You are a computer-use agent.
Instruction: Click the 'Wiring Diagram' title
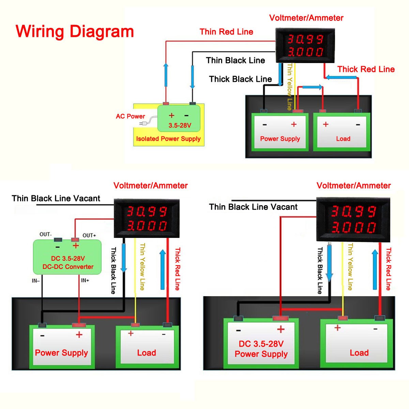click(x=75, y=31)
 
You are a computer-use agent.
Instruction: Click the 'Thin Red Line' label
click(x=226, y=32)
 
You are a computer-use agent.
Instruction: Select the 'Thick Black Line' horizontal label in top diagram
click(x=240, y=79)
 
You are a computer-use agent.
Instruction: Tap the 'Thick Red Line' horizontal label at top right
click(x=366, y=69)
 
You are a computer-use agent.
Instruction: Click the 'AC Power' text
click(x=130, y=116)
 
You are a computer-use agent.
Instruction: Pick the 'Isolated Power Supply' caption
click(x=168, y=139)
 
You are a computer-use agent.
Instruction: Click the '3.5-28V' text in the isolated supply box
click(x=180, y=125)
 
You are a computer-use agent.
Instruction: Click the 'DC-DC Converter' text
click(x=68, y=267)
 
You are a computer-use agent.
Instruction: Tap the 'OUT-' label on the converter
click(x=45, y=234)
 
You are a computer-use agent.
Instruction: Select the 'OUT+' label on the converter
click(x=89, y=235)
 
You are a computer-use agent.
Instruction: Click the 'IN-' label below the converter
click(x=36, y=281)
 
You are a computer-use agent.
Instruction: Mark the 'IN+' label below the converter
click(x=85, y=281)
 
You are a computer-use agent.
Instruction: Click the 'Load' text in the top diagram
click(x=343, y=139)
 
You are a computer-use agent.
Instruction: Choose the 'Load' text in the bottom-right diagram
click(x=359, y=353)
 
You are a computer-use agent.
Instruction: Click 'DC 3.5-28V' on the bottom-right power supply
click(x=261, y=344)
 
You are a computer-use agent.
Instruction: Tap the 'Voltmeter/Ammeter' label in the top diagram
click(x=306, y=18)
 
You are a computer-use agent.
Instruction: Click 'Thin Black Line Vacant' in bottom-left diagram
click(x=56, y=198)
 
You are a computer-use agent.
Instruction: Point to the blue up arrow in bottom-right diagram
click(x=375, y=269)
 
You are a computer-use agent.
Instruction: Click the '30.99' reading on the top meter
click(x=305, y=39)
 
